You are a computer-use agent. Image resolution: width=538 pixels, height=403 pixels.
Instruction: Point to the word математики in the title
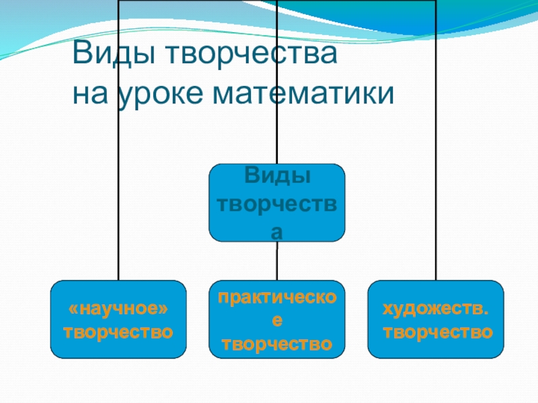(303, 94)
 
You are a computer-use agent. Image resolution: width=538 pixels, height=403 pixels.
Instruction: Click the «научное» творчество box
(118, 318)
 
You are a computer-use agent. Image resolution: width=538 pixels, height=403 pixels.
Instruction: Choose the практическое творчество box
(276, 318)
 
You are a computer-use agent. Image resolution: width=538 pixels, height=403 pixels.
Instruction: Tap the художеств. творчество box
(436, 318)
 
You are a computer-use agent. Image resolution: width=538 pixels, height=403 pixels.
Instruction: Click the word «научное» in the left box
(118, 309)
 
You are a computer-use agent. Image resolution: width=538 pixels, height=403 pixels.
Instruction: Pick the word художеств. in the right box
(436, 309)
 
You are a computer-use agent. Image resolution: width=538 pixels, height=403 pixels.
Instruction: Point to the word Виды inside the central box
(276, 177)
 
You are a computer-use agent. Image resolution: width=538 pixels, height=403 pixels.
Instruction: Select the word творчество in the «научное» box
(118, 332)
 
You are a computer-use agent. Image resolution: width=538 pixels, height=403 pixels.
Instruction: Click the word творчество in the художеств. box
(436, 332)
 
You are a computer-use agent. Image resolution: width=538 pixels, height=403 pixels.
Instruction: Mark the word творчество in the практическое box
(276, 345)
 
